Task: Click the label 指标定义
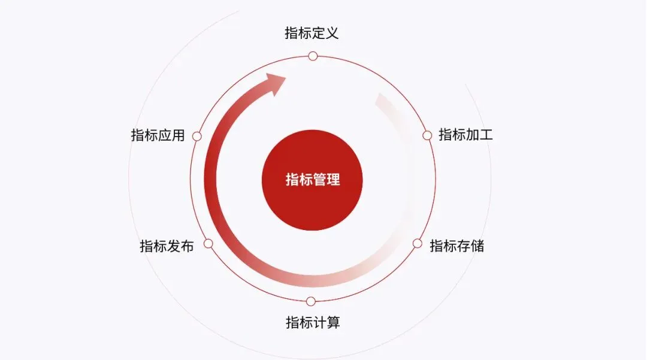(312, 32)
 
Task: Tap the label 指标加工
(465, 135)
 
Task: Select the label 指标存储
(457, 246)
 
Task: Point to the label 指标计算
(313, 323)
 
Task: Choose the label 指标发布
(167, 246)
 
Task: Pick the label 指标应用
(158, 135)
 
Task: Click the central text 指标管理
(312, 180)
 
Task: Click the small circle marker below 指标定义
(312, 56)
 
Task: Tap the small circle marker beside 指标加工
(427, 135)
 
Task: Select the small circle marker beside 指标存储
(418, 243)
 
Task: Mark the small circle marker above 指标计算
(310, 301)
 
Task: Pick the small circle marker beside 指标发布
(208, 244)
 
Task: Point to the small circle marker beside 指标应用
(196, 137)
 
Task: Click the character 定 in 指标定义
(318, 32)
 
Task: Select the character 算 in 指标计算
(333, 323)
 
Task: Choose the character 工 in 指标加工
(486, 135)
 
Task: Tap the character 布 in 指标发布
(187, 246)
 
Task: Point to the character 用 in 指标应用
(178, 135)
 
